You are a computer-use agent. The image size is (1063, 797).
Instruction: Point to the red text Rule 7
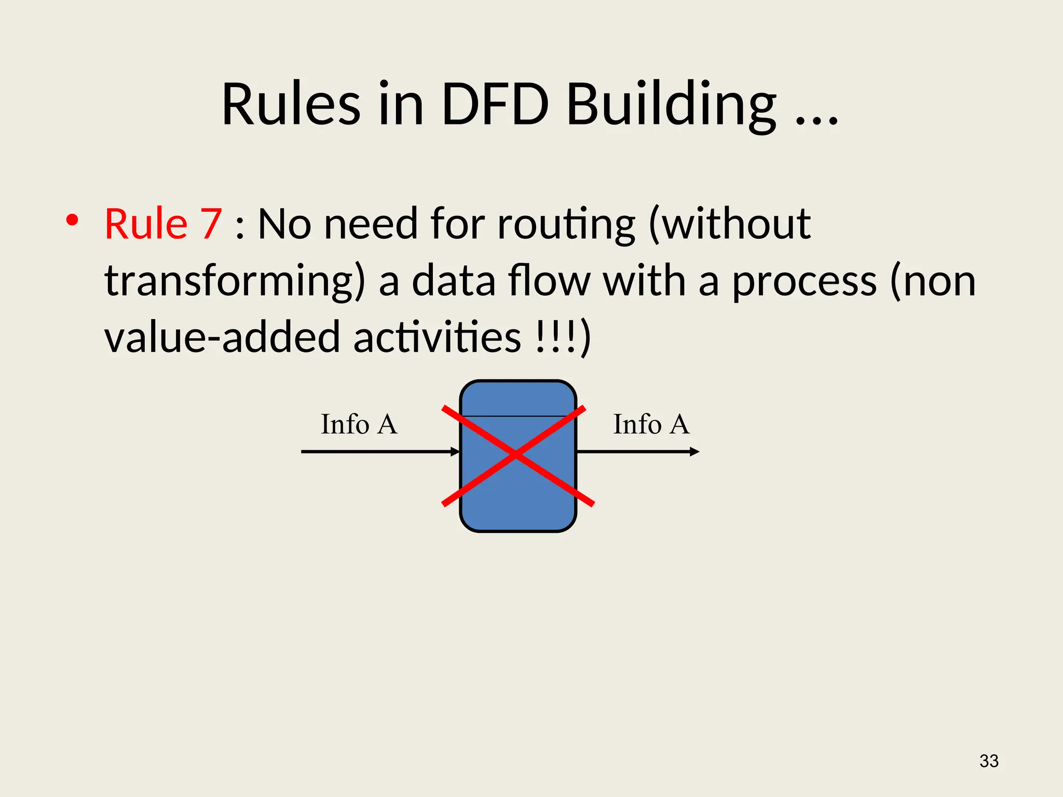[x=163, y=224]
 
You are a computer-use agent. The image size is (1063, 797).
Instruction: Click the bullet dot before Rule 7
[x=72, y=220]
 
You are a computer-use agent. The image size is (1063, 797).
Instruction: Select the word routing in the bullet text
[x=566, y=224]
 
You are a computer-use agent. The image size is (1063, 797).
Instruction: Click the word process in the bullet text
[x=804, y=281]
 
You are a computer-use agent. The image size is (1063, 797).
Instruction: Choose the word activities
[x=437, y=337]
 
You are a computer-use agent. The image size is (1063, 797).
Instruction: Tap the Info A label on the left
[x=359, y=424]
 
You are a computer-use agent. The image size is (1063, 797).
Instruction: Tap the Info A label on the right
[x=651, y=424]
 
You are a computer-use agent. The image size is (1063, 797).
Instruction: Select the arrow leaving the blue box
[x=638, y=451]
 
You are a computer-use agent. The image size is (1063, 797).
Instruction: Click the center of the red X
[x=516, y=455]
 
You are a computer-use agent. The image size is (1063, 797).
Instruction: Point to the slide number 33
[x=989, y=761]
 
